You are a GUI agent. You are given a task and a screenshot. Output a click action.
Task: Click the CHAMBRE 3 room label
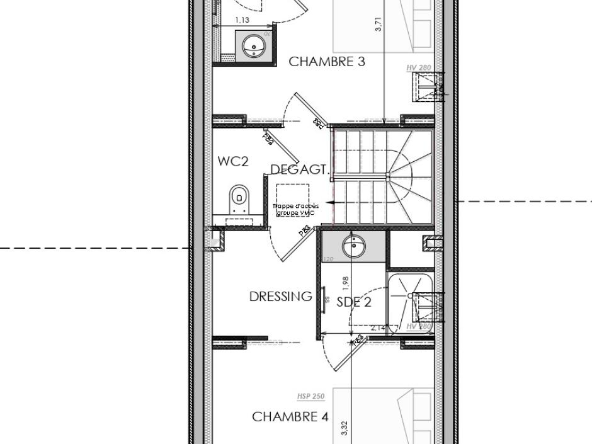click(x=326, y=62)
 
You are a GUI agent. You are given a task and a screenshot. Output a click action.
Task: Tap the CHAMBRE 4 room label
click(x=290, y=417)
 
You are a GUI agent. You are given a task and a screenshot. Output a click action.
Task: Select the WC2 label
click(x=233, y=161)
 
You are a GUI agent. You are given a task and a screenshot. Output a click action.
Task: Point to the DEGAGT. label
click(x=300, y=169)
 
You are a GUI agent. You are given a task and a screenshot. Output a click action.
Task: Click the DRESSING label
click(x=280, y=297)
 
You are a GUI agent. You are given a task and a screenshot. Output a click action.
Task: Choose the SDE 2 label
click(x=354, y=302)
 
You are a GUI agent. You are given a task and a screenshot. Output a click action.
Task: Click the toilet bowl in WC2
click(x=239, y=198)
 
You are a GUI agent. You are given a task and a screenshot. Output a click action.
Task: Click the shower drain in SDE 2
click(x=411, y=295)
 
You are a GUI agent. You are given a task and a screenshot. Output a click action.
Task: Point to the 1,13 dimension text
click(x=242, y=20)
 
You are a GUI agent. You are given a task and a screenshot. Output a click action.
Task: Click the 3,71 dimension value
click(x=378, y=25)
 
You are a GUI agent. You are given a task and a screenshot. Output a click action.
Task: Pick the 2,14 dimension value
click(x=379, y=328)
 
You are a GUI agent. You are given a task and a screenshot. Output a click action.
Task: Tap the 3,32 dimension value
click(x=344, y=429)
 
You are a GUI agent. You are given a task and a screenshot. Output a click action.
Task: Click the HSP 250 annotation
click(x=310, y=396)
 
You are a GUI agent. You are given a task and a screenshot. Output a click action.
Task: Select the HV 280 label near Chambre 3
click(x=419, y=67)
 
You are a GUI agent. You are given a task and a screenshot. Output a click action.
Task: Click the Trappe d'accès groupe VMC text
click(x=295, y=210)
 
